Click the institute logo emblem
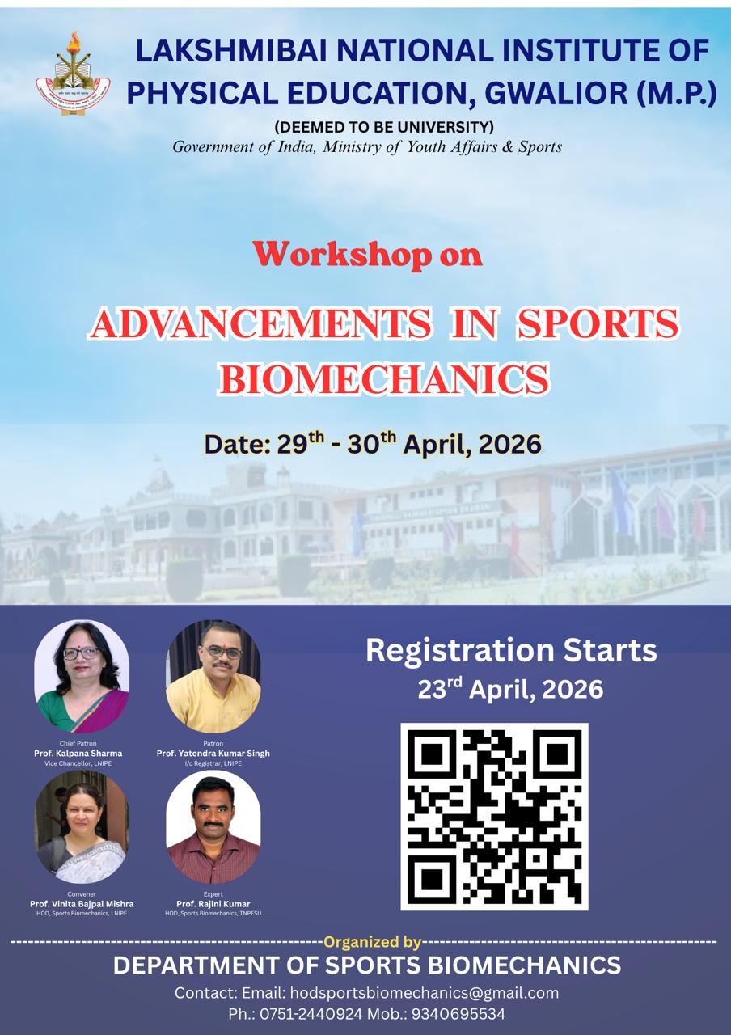point(73,74)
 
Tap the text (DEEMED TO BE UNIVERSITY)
point(384,127)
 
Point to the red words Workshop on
point(368,254)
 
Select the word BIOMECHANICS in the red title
point(384,379)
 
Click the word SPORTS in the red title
point(597,323)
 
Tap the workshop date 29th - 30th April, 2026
point(373,443)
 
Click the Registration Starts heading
point(511,650)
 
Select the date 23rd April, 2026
point(510,689)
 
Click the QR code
point(494,816)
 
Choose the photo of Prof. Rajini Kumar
point(213,826)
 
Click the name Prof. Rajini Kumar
point(213,904)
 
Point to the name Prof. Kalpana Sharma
point(78,753)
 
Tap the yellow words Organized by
point(372,942)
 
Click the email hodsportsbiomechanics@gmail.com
point(424,993)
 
